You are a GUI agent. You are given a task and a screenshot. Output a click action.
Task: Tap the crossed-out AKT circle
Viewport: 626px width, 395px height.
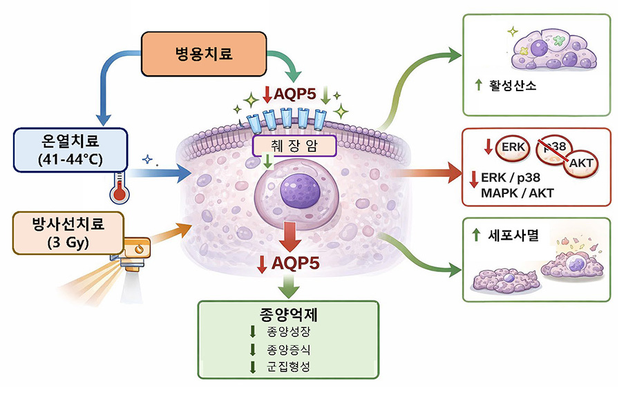pos(579,163)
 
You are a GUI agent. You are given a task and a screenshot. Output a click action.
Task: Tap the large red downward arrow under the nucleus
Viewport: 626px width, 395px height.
pos(291,237)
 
